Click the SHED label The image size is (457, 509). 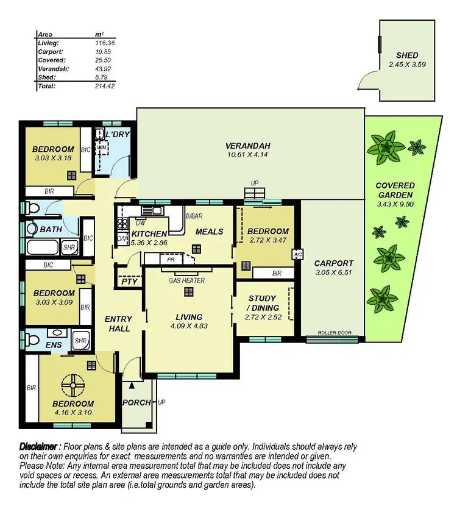[x=407, y=55]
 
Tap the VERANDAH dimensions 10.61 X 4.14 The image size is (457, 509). [x=247, y=154]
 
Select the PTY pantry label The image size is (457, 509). [x=129, y=282]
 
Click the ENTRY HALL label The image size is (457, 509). [x=118, y=324]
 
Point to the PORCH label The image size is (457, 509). [x=136, y=402]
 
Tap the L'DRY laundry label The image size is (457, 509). [x=118, y=134]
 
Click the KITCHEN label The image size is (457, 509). [x=147, y=233]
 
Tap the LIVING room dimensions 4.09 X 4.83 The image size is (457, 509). [x=190, y=326]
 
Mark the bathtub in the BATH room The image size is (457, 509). [x=43, y=247]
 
